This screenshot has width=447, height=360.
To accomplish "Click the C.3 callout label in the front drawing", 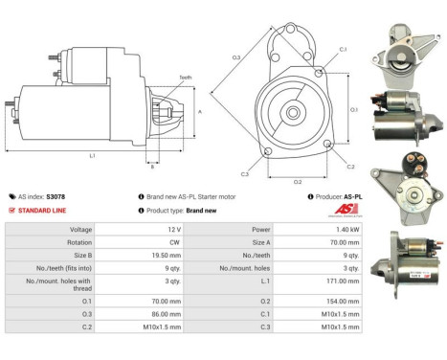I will click(x=244, y=174).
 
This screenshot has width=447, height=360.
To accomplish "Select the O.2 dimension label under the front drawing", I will click(x=298, y=180).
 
